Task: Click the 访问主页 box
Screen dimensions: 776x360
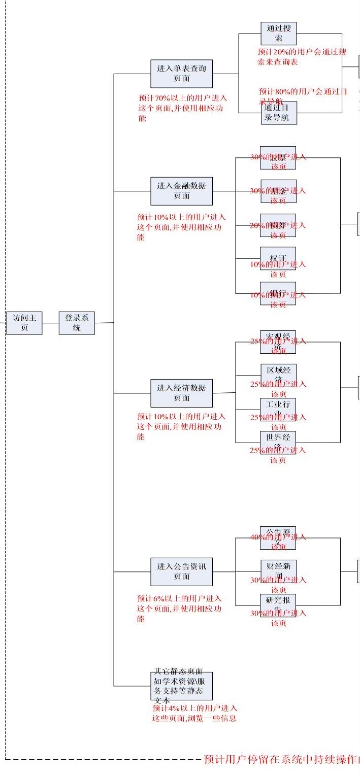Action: pos(24,323)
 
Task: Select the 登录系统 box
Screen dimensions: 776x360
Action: pos(77,323)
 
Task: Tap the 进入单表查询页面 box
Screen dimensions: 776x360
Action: pos(181,74)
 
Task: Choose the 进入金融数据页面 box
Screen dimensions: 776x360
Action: pos(181,191)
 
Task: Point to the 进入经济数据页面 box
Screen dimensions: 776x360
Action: pos(181,393)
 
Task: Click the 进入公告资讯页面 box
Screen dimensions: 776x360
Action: pos(181,571)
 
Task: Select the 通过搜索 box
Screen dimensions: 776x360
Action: pos(278,33)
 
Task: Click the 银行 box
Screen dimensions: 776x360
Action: pos(278,293)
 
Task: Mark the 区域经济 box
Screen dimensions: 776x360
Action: pos(278,374)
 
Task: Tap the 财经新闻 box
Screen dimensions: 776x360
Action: pos(278,570)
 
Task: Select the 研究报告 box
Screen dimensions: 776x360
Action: pos(278,605)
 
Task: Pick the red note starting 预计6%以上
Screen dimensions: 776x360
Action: pos(179,609)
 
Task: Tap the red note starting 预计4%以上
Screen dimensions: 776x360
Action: pos(194,713)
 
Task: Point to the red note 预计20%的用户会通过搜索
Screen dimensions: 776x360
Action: pos(302,57)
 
